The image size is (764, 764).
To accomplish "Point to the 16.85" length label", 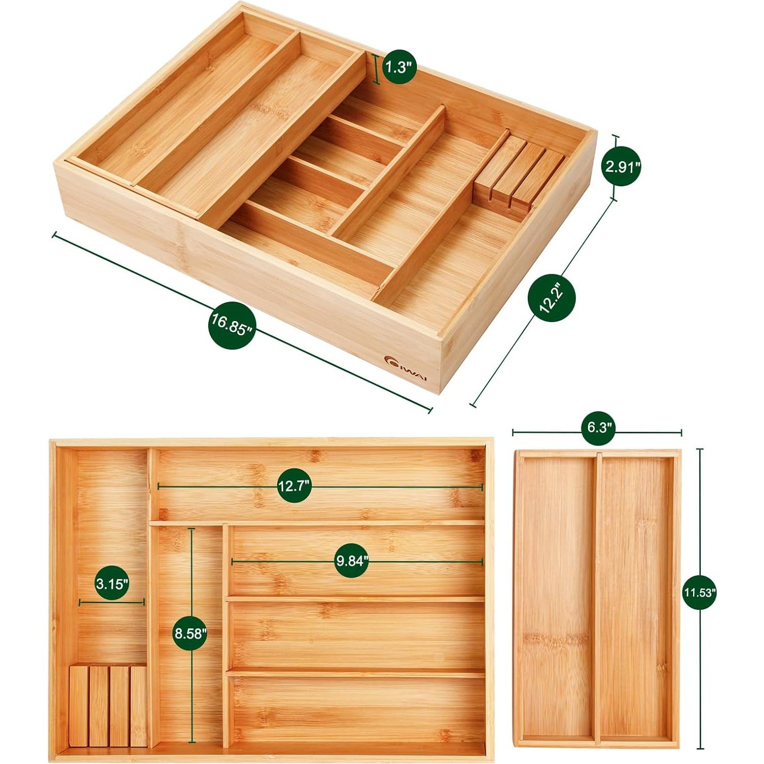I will point(231,325).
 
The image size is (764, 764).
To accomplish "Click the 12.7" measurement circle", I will point(294,486).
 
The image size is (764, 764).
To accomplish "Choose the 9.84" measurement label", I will point(352,561).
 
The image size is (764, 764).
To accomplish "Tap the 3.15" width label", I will point(112,583).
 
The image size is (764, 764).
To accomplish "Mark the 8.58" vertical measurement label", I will point(190,633).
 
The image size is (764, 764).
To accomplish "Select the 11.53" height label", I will point(700,593).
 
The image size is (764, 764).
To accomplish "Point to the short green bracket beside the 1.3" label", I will point(377,69).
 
